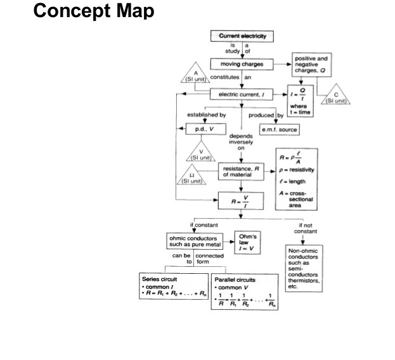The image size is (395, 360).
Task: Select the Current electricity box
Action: click(x=242, y=36)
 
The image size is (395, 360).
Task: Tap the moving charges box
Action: click(x=242, y=65)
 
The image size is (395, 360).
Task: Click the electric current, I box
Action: click(x=242, y=94)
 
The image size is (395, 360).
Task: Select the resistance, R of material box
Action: click(x=242, y=172)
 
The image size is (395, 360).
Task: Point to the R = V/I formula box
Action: click(x=242, y=201)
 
